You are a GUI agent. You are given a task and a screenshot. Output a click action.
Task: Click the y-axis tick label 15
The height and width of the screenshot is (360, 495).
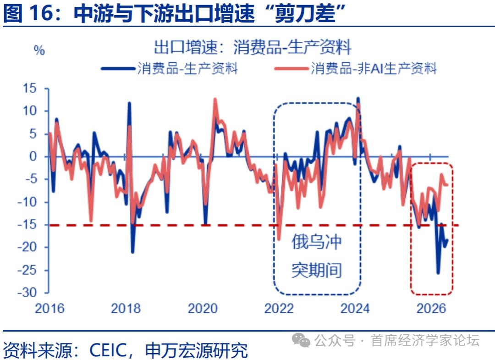30,88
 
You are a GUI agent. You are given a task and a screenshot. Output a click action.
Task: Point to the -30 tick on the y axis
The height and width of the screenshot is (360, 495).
27,293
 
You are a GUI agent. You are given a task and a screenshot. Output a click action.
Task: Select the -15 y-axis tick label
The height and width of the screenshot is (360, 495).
27,225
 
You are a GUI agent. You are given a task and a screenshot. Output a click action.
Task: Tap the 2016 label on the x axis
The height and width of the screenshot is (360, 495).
49,309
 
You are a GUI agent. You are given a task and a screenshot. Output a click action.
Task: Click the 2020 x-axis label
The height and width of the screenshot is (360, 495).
203,309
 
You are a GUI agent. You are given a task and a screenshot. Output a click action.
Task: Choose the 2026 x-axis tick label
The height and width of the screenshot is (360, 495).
431,309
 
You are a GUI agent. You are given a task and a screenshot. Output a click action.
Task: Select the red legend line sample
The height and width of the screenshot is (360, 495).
291,68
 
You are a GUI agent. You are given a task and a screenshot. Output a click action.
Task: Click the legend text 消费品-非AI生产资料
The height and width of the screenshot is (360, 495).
374,68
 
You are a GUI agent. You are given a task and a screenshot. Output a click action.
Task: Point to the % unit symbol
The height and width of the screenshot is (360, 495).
39,50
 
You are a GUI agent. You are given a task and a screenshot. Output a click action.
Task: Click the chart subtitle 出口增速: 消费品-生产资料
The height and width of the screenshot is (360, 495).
253,47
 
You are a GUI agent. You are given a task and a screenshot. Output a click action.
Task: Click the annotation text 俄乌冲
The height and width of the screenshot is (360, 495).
317,242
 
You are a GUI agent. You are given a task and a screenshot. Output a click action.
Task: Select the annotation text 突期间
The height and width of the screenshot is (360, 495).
317,270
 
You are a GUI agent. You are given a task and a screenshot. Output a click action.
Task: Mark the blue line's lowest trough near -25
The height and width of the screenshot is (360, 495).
438,272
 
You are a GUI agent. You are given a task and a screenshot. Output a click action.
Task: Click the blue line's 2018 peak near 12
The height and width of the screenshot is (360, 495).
129,103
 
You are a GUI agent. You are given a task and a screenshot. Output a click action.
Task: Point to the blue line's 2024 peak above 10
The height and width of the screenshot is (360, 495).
357,99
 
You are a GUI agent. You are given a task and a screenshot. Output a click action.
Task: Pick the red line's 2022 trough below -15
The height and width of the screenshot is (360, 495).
279,239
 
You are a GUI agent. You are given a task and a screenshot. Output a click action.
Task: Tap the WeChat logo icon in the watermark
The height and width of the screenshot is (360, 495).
301,340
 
